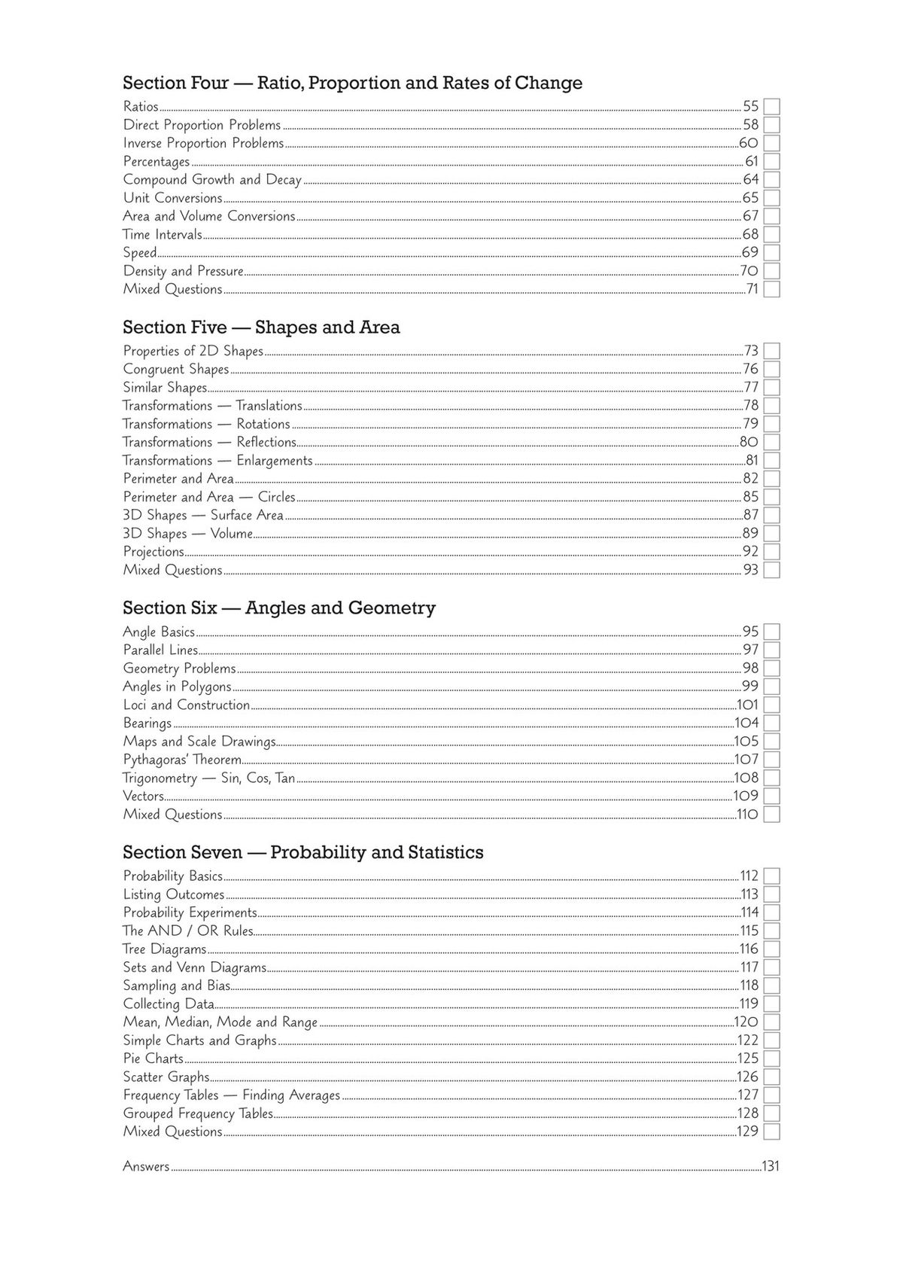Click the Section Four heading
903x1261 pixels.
click(x=352, y=83)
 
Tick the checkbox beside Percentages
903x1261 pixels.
click(x=771, y=161)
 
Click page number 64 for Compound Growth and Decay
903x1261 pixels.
click(x=750, y=179)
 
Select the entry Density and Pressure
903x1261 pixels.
click(x=183, y=271)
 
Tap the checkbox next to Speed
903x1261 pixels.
click(x=771, y=253)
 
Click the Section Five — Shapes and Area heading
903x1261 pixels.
click(x=261, y=327)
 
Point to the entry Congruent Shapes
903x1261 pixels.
click(x=175, y=369)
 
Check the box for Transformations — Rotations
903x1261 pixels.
click(x=771, y=424)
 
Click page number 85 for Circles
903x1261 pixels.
click(x=750, y=497)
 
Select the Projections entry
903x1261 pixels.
click(x=154, y=552)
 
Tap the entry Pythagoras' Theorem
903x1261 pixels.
click(x=182, y=760)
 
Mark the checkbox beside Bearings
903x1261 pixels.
click(x=771, y=723)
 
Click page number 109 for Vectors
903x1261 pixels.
click(x=746, y=796)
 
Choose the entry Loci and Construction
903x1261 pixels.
click(x=186, y=705)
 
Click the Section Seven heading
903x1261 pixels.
click(x=303, y=852)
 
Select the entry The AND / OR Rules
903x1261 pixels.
click(x=187, y=931)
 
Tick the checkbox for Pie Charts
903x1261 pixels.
click(x=771, y=1058)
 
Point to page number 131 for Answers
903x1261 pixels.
click(x=771, y=1167)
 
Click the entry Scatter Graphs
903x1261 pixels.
click(x=166, y=1077)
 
